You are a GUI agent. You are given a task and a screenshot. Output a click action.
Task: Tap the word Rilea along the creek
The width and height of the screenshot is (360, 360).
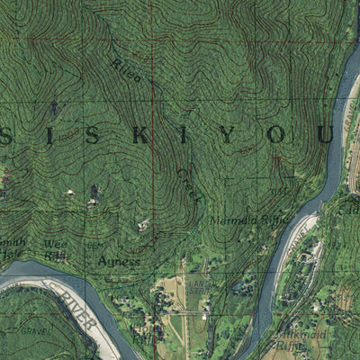click(x=126, y=70)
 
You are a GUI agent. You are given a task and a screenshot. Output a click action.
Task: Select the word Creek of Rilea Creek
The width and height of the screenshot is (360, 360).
click(x=188, y=184)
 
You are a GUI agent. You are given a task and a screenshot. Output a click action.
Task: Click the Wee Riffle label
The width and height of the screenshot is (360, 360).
click(x=57, y=249)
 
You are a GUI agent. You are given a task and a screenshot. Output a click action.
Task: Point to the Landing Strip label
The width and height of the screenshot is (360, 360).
click(x=195, y=290)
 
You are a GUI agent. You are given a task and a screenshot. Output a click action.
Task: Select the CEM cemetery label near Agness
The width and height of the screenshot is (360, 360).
click(x=90, y=244)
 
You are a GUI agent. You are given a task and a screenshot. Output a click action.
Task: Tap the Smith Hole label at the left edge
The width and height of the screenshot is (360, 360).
click(x=11, y=248)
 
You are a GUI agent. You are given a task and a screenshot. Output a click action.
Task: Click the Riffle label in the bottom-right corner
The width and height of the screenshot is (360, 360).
click(x=291, y=344)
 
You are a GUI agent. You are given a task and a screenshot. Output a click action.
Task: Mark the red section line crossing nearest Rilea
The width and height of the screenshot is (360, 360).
click(x=152, y=40)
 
